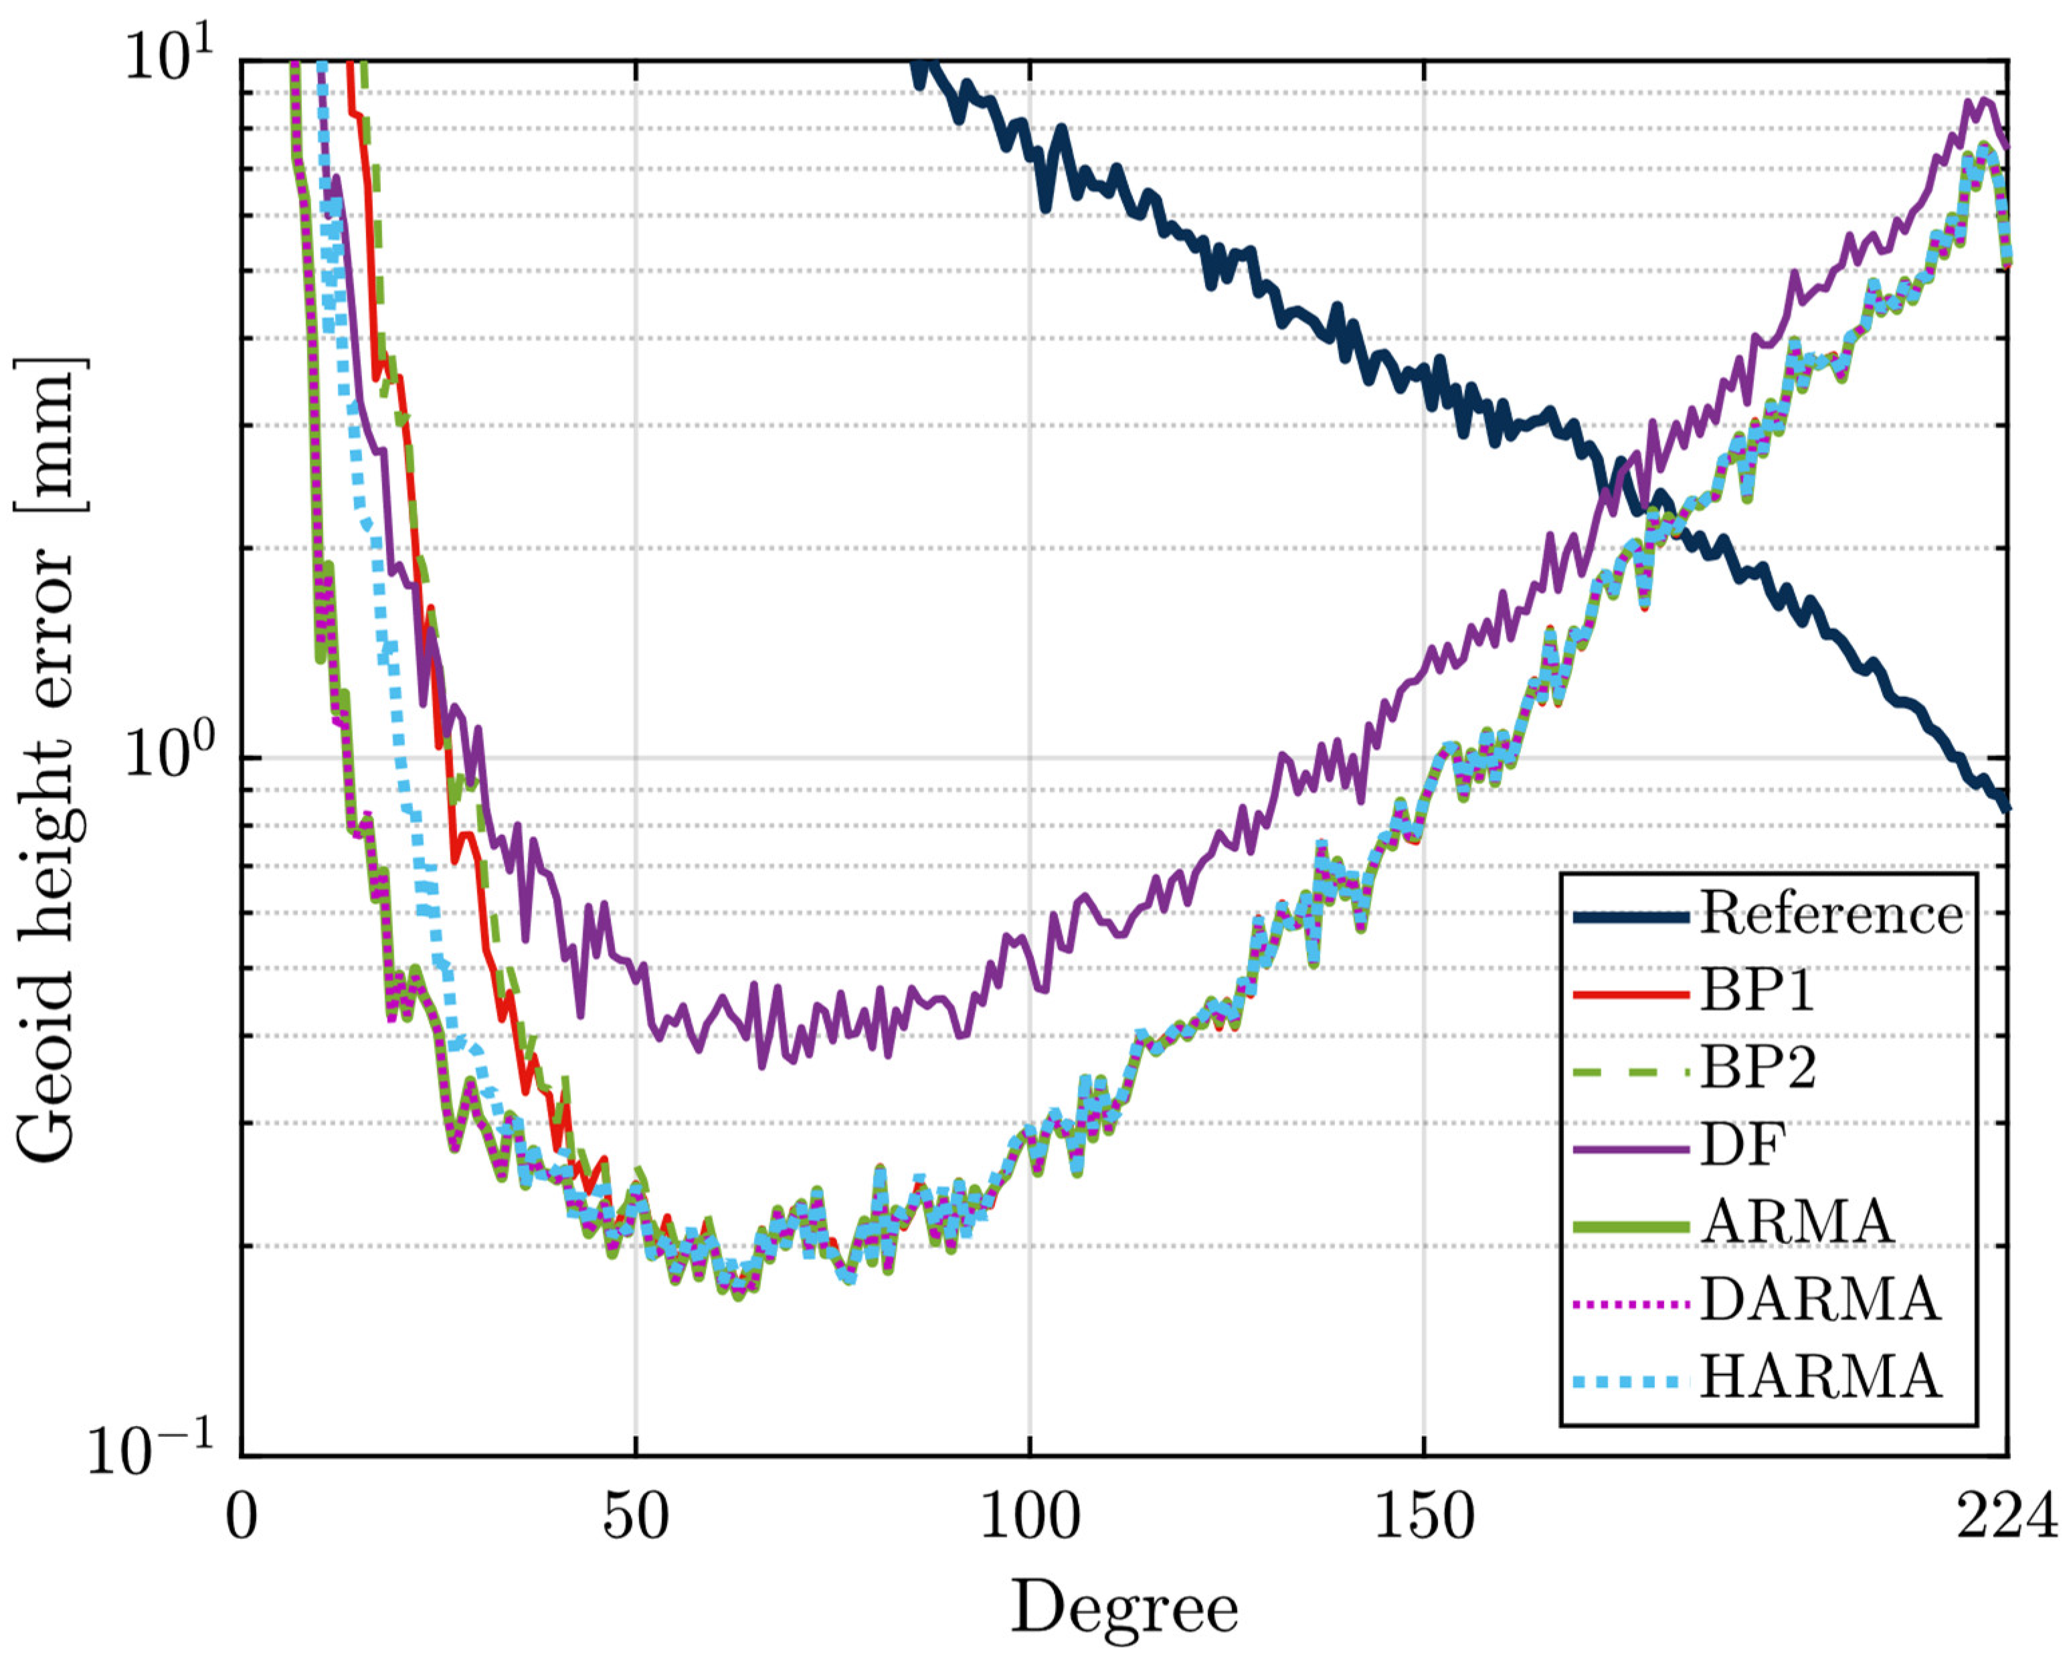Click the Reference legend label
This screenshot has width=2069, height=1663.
coord(1831,913)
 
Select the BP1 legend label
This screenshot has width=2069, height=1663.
coord(1758,991)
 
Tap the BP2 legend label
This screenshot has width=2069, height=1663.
coord(1758,1068)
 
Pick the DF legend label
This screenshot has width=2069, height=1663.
coord(1742,1145)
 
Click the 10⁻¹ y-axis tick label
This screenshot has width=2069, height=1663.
coord(153,1451)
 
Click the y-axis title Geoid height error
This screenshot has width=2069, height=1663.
coord(48,759)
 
